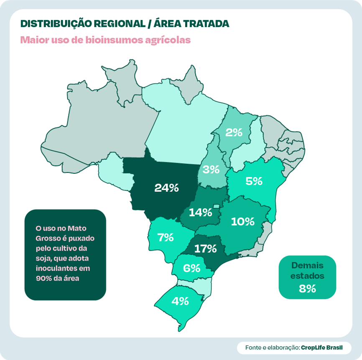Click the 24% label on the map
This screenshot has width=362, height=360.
(x=166, y=188)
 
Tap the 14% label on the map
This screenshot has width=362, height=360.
(x=200, y=213)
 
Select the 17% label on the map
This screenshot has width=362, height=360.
(x=205, y=248)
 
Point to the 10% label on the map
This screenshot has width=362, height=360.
(x=242, y=221)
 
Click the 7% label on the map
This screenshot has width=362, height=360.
(x=165, y=238)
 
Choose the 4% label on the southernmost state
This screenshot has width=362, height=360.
(x=180, y=301)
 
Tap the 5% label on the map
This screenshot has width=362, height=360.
(x=254, y=181)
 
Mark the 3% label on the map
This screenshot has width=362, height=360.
(x=211, y=170)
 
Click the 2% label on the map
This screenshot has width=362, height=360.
(x=234, y=133)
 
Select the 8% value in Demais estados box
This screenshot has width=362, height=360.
(x=307, y=288)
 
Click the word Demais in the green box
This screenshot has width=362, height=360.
(x=307, y=265)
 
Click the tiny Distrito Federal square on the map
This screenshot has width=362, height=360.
(x=216, y=206)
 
